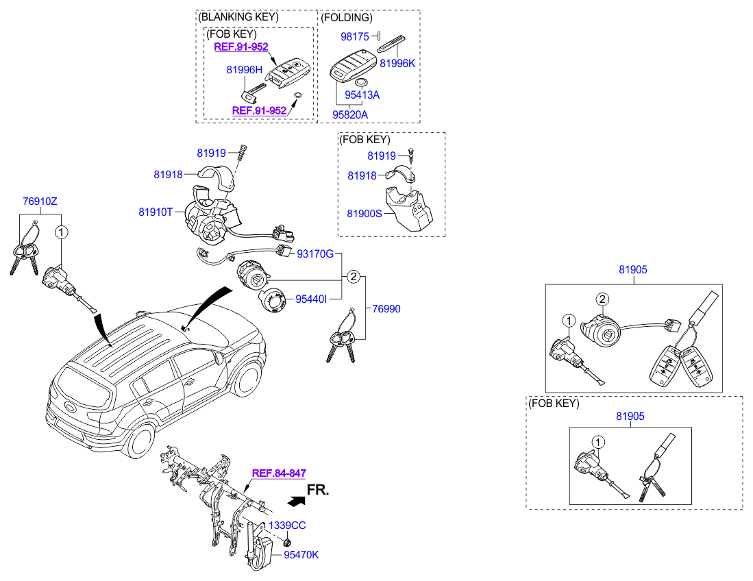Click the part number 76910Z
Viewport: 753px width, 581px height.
tap(40, 201)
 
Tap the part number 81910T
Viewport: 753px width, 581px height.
tap(156, 212)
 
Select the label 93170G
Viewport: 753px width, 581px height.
tap(315, 254)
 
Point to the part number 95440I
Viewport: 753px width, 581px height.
tap(311, 299)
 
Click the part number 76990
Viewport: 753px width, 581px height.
tap(386, 309)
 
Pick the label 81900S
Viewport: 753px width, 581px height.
tap(365, 214)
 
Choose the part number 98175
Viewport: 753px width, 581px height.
tap(355, 36)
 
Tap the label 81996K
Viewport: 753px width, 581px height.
tap(397, 64)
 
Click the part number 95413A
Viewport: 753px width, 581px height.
tap(362, 95)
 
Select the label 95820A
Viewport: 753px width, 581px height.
tap(350, 114)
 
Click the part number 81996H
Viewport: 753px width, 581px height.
tap(245, 70)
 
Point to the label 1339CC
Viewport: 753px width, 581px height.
tap(287, 526)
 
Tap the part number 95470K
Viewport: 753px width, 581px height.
tap(301, 554)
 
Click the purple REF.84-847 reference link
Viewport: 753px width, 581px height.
tap(279, 473)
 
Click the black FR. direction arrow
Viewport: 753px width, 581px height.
tap(296, 501)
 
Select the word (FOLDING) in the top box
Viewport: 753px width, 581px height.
tap(346, 18)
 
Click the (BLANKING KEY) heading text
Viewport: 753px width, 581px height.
tap(238, 17)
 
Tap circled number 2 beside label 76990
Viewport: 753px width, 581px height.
tap(354, 277)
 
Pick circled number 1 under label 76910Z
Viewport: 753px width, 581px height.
tap(62, 232)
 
